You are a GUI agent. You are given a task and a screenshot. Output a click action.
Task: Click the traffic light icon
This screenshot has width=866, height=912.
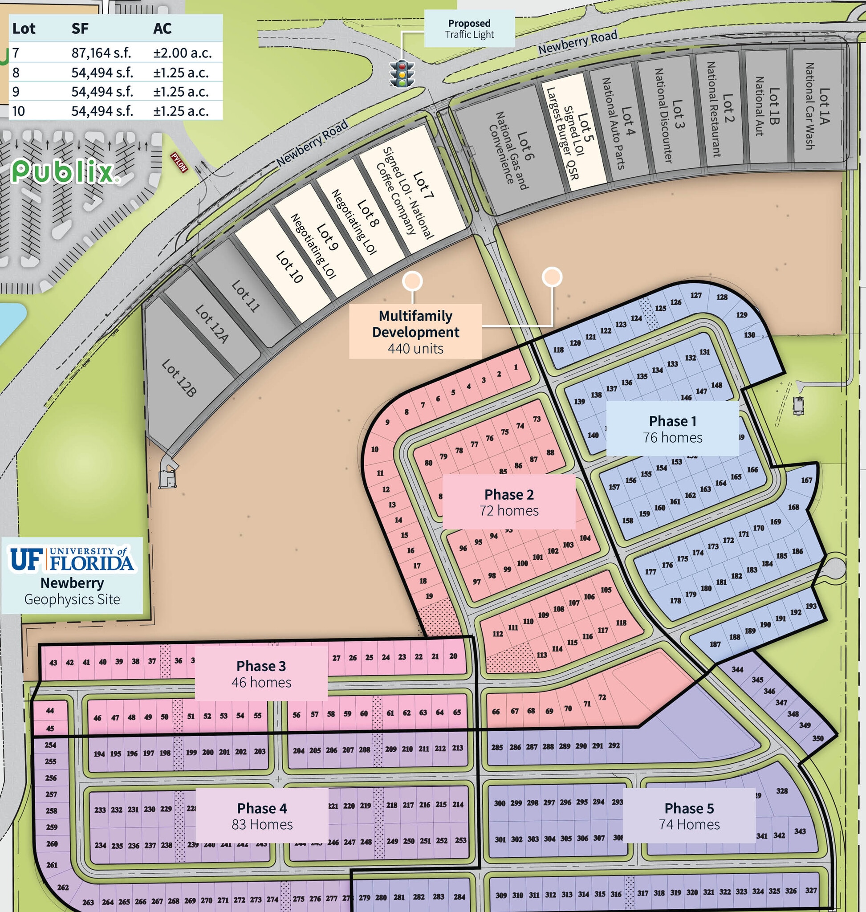click(x=402, y=73)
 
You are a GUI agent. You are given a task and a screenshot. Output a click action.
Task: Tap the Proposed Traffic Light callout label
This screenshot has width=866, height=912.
click(x=469, y=29)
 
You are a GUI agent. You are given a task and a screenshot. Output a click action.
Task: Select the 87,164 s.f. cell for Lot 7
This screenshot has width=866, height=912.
click(x=101, y=53)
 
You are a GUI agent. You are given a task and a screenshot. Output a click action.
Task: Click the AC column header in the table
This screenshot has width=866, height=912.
click(x=162, y=28)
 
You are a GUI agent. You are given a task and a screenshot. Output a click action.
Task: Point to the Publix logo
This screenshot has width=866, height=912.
click(x=64, y=172)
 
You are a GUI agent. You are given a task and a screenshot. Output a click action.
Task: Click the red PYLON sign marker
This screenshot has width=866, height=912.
click(x=179, y=163)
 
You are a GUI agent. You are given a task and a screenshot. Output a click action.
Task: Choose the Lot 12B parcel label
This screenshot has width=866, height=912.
click(x=179, y=378)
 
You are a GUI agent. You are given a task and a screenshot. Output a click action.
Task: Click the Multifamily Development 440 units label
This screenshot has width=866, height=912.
click(x=415, y=332)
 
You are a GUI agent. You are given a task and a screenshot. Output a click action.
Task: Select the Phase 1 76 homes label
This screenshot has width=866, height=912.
click(x=672, y=428)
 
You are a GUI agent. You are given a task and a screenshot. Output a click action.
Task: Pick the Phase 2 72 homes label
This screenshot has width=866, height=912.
click(x=509, y=502)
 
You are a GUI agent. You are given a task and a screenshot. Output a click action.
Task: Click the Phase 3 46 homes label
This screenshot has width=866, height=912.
click(x=261, y=674)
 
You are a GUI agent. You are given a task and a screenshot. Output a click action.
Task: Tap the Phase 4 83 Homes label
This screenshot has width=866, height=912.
click(x=262, y=816)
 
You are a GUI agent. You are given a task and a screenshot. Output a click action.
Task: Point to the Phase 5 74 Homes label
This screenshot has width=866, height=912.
click(x=689, y=816)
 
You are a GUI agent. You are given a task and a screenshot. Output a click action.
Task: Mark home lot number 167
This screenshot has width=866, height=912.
click(x=806, y=480)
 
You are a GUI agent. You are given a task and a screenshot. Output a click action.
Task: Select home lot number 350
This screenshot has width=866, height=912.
click(x=817, y=738)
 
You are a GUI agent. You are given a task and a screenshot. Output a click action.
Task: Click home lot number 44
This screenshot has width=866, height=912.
click(x=50, y=711)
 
